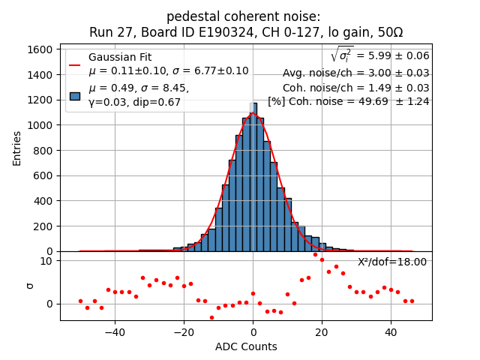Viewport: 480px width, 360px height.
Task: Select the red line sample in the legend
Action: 75,64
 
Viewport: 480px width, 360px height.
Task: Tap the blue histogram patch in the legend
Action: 75,95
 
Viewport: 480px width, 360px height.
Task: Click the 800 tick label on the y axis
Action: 44,150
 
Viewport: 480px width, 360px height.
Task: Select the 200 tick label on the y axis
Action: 44,226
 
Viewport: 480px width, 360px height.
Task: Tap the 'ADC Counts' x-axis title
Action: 246,346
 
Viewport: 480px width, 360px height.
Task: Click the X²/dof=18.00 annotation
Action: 391,262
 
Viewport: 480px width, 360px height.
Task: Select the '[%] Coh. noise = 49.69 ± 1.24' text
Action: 349,101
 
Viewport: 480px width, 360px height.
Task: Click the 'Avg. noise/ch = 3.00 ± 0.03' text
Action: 355,73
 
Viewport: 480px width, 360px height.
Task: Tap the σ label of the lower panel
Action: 30,286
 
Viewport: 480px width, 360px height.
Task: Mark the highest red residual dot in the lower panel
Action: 315,254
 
